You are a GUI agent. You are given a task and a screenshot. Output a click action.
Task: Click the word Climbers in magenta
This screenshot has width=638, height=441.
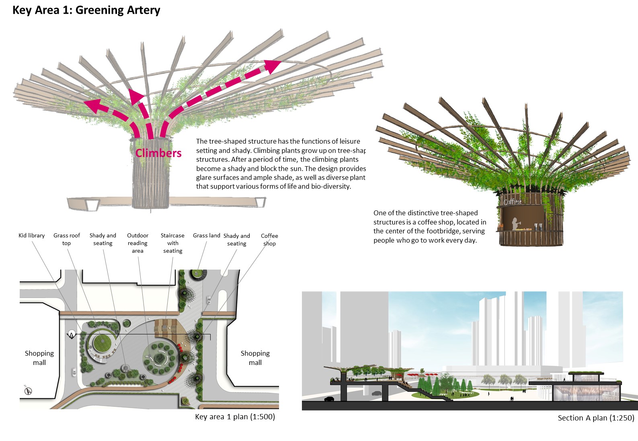pos(158,153)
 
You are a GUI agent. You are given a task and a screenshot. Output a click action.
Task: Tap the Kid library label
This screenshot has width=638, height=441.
pos(31,235)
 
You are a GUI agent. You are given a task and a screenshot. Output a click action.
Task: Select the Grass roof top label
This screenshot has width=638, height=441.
pos(66,239)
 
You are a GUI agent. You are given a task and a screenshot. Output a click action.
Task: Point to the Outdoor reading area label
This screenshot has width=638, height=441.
pos(137,243)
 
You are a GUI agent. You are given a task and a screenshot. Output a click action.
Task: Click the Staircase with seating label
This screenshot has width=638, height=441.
pos(172,243)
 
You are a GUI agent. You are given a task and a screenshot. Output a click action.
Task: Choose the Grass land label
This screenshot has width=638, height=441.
pos(206,235)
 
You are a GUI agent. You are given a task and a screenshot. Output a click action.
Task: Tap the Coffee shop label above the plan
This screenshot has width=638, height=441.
pos(269,239)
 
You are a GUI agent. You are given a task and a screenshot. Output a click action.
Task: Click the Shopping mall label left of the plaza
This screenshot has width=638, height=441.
pos(39,358)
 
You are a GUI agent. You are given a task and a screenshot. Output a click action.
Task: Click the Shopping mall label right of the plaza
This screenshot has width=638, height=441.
pos(255,358)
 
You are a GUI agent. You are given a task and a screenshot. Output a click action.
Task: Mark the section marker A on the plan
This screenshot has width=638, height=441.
pos(72,335)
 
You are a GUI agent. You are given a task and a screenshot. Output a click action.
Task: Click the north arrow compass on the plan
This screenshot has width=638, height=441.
pos(28,390)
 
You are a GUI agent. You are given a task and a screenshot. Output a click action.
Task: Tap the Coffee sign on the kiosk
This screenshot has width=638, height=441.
pos(512,202)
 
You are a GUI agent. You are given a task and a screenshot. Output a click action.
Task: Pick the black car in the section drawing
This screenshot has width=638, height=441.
pos(329,399)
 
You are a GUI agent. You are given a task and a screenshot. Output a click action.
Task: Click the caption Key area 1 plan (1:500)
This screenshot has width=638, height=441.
pos(235,417)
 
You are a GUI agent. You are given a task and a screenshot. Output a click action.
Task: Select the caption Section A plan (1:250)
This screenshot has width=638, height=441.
pos(596,418)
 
